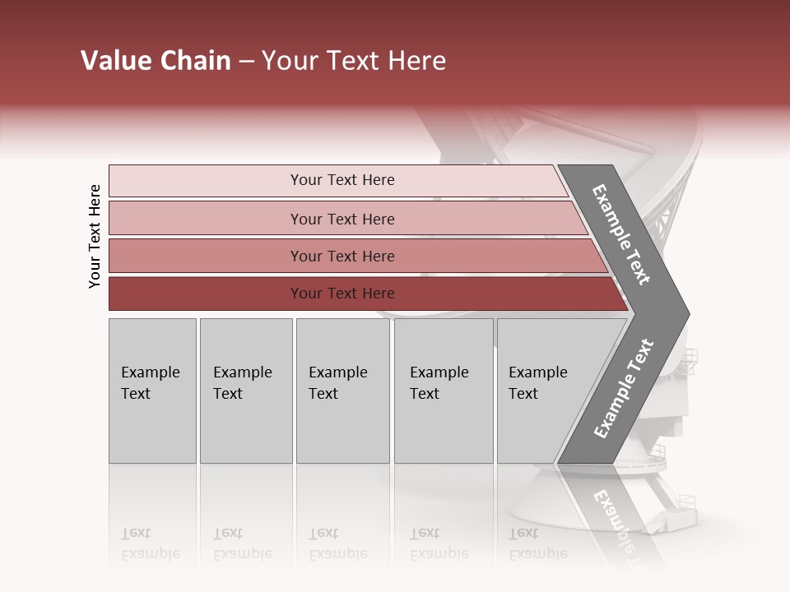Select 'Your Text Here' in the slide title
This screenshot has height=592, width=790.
click(354, 61)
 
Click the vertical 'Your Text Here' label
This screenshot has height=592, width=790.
click(95, 236)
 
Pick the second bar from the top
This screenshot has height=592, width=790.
click(342, 219)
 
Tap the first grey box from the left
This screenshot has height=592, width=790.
click(152, 391)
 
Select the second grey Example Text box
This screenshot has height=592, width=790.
click(245, 391)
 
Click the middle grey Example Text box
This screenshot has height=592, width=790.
click(342, 391)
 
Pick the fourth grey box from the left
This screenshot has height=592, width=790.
click(443, 391)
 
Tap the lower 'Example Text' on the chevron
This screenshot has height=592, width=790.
click(623, 389)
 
